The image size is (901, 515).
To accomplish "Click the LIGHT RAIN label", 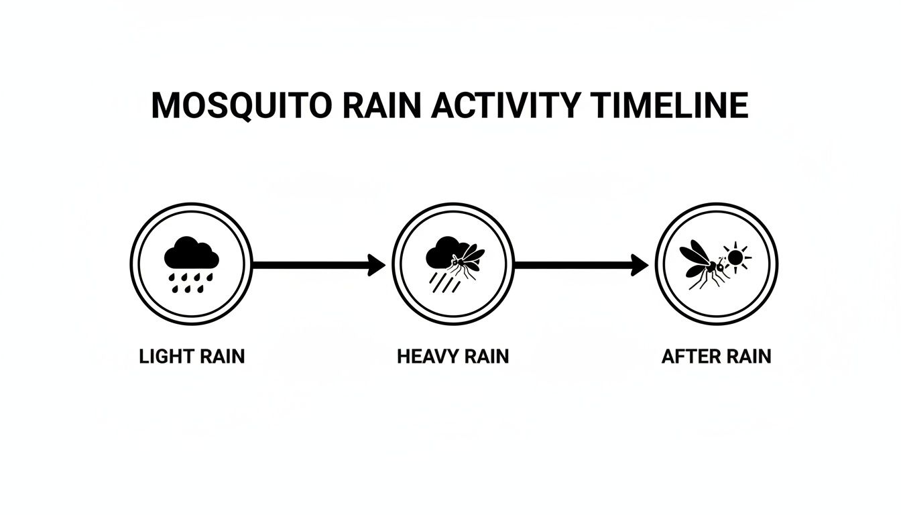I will click(192, 356).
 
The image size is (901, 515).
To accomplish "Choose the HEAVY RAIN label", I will click(453, 356).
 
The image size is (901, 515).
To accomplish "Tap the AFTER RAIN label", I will click(716, 356).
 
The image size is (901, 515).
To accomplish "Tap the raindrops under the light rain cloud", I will click(192, 282).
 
